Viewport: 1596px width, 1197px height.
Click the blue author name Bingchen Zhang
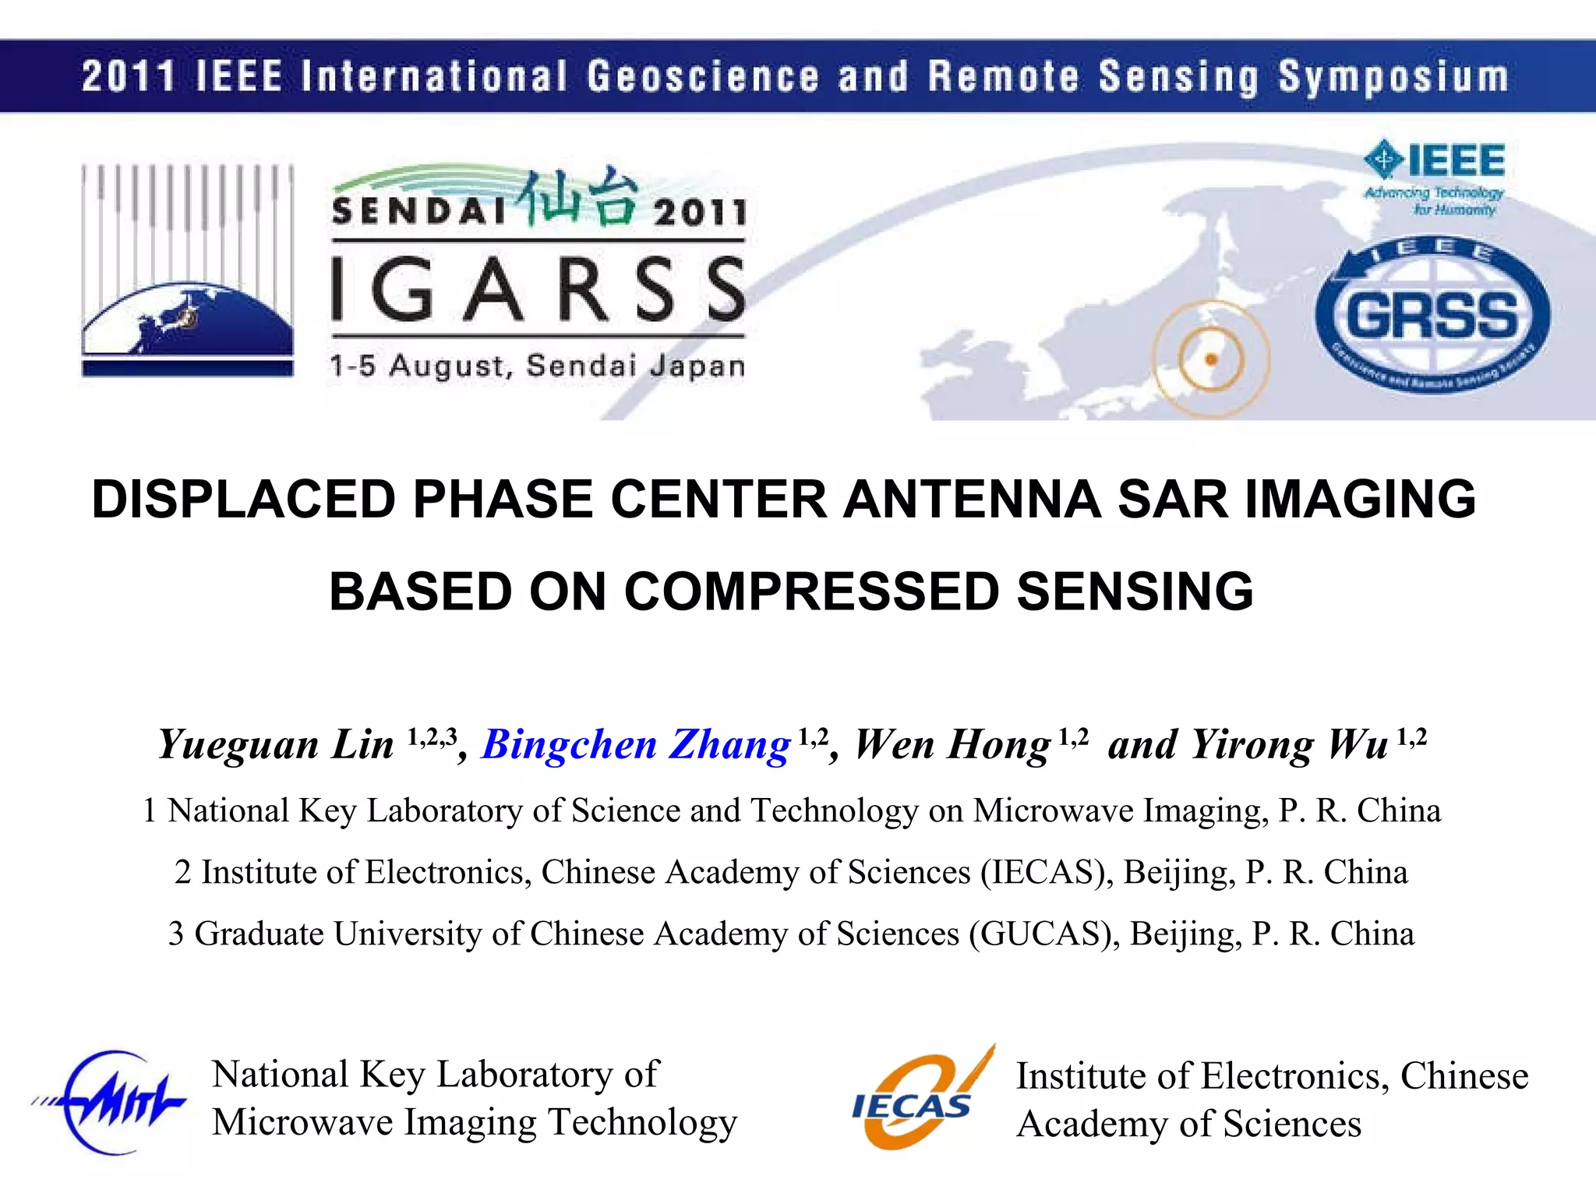pos(636,744)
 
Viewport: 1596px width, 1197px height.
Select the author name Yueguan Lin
pos(276,744)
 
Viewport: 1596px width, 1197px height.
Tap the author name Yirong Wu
pos(1290,744)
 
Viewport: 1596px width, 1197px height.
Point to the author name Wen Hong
pos(952,744)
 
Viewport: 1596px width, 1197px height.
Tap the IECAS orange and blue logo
pos(920,1099)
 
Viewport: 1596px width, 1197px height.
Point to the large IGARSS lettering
pos(538,290)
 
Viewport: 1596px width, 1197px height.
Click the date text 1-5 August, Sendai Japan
pos(538,365)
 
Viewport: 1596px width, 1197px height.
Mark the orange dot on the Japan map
pos(1211,359)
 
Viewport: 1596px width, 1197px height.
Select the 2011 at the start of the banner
pos(128,76)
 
